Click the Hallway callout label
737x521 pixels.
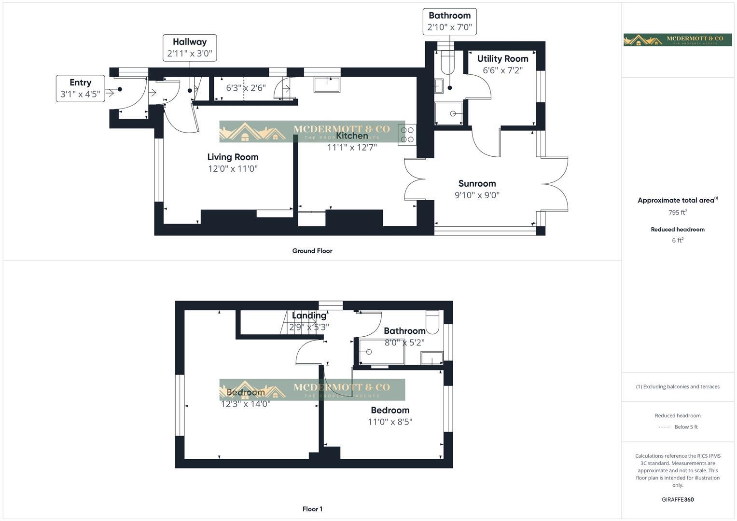(x=190, y=42)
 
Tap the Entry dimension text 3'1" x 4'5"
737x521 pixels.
(x=80, y=94)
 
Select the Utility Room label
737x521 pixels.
(x=502, y=59)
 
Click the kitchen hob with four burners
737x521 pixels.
(x=407, y=135)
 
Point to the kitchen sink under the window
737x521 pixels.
(x=327, y=84)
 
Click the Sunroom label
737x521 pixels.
(x=477, y=183)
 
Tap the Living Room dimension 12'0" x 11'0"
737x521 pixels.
(x=233, y=169)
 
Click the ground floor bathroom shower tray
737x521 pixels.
(x=449, y=114)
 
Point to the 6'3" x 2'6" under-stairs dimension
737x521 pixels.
(x=246, y=88)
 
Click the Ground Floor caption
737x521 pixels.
(x=312, y=251)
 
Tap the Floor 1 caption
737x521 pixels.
(x=312, y=509)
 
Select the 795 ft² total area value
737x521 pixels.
(x=678, y=212)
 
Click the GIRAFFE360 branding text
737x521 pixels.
(x=678, y=499)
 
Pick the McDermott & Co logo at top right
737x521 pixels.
(x=678, y=40)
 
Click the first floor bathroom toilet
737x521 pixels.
(x=432, y=322)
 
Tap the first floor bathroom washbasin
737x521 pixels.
(x=431, y=358)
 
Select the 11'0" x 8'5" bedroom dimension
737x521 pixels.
(x=390, y=422)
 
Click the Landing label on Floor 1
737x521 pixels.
(x=309, y=315)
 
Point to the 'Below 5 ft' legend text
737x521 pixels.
(x=686, y=427)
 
